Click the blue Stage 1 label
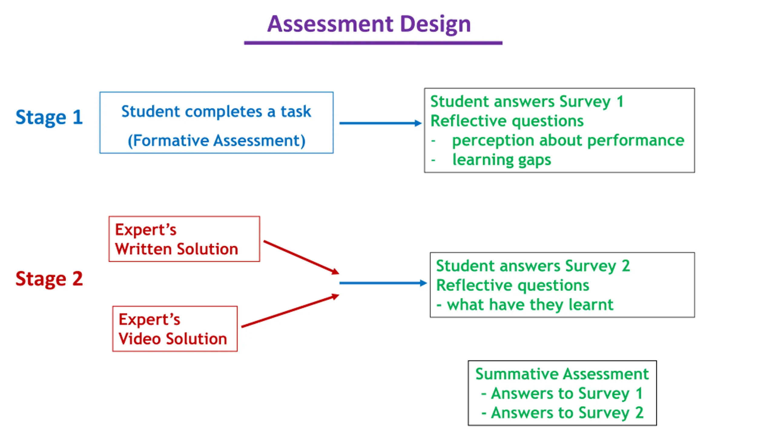pos(49,117)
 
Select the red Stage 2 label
pos(49,279)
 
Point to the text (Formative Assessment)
pos(216,140)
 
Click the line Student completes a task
pos(216,111)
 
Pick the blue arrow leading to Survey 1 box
pos(380,123)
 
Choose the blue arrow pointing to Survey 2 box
pos(383,283)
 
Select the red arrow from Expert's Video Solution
pos(290,311)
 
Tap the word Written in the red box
pos(143,249)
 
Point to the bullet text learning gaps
pos(501,160)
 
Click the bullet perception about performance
pos(568,140)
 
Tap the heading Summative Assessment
pos(562,374)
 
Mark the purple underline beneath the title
pos(373,43)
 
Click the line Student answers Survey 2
pos(533,266)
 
